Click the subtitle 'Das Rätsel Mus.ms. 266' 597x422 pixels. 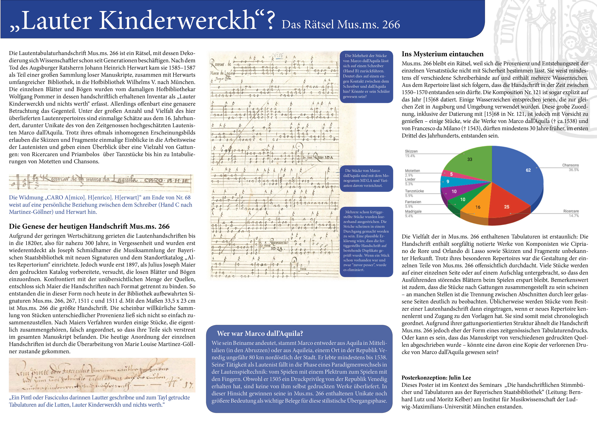click(x=341, y=25)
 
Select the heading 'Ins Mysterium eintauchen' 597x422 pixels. click(x=443, y=54)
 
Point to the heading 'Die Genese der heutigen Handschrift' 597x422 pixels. click(x=89, y=226)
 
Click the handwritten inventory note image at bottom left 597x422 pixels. click(x=102, y=375)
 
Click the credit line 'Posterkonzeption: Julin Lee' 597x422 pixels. click(x=436, y=378)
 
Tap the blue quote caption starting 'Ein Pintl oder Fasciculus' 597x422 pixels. click(x=99, y=401)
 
